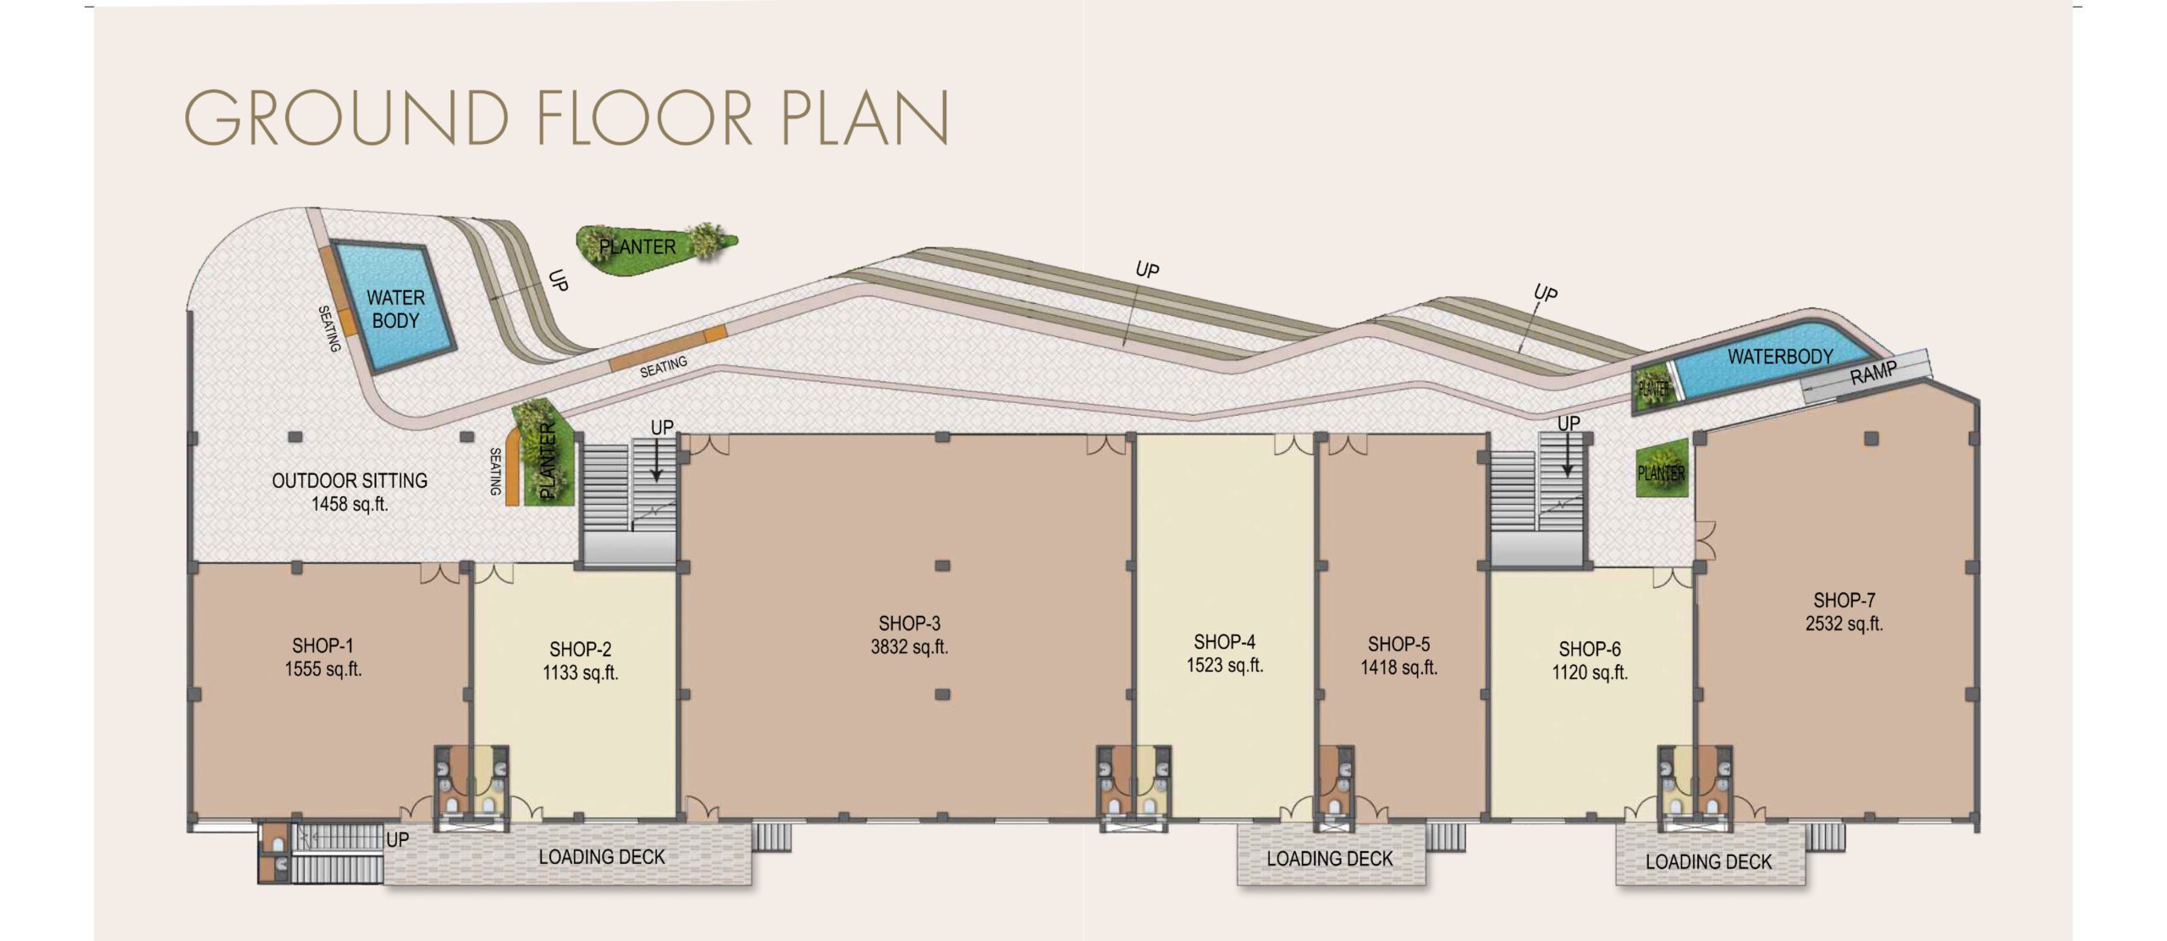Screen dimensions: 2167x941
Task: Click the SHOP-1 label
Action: click(x=323, y=646)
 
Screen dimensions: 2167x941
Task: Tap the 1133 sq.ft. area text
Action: click(x=581, y=673)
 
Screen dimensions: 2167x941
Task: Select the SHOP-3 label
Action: click(x=909, y=624)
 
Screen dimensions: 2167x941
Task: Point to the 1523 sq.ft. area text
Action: click(x=1225, y=666)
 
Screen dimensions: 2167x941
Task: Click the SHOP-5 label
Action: click(x=1398, y=645)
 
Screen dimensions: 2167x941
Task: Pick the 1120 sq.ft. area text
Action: click(x=1590, y=673)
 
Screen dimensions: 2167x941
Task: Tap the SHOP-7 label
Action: click(x=1844, y=601)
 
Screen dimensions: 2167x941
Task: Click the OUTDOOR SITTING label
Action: click(x=350, y=481)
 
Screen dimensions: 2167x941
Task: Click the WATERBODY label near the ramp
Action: click(x=1780, y=357)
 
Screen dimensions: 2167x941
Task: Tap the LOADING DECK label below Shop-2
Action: click(x=602, y=857)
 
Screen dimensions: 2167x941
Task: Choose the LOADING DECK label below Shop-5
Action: click(x=1329, y=859)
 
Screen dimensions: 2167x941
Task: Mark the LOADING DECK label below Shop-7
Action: click(x=1708, y=862)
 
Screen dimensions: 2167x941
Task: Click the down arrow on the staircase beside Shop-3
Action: click(x=656, y=461)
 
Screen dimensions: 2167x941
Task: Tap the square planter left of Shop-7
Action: click(x=1662, y=468)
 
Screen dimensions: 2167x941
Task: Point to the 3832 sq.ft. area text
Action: click(x=909, y=648)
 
